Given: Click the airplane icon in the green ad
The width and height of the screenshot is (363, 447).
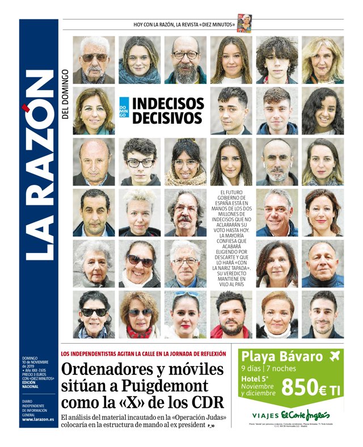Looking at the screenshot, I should pos(334,356).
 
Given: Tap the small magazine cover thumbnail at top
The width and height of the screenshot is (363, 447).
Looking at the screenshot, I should pos(244,24).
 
